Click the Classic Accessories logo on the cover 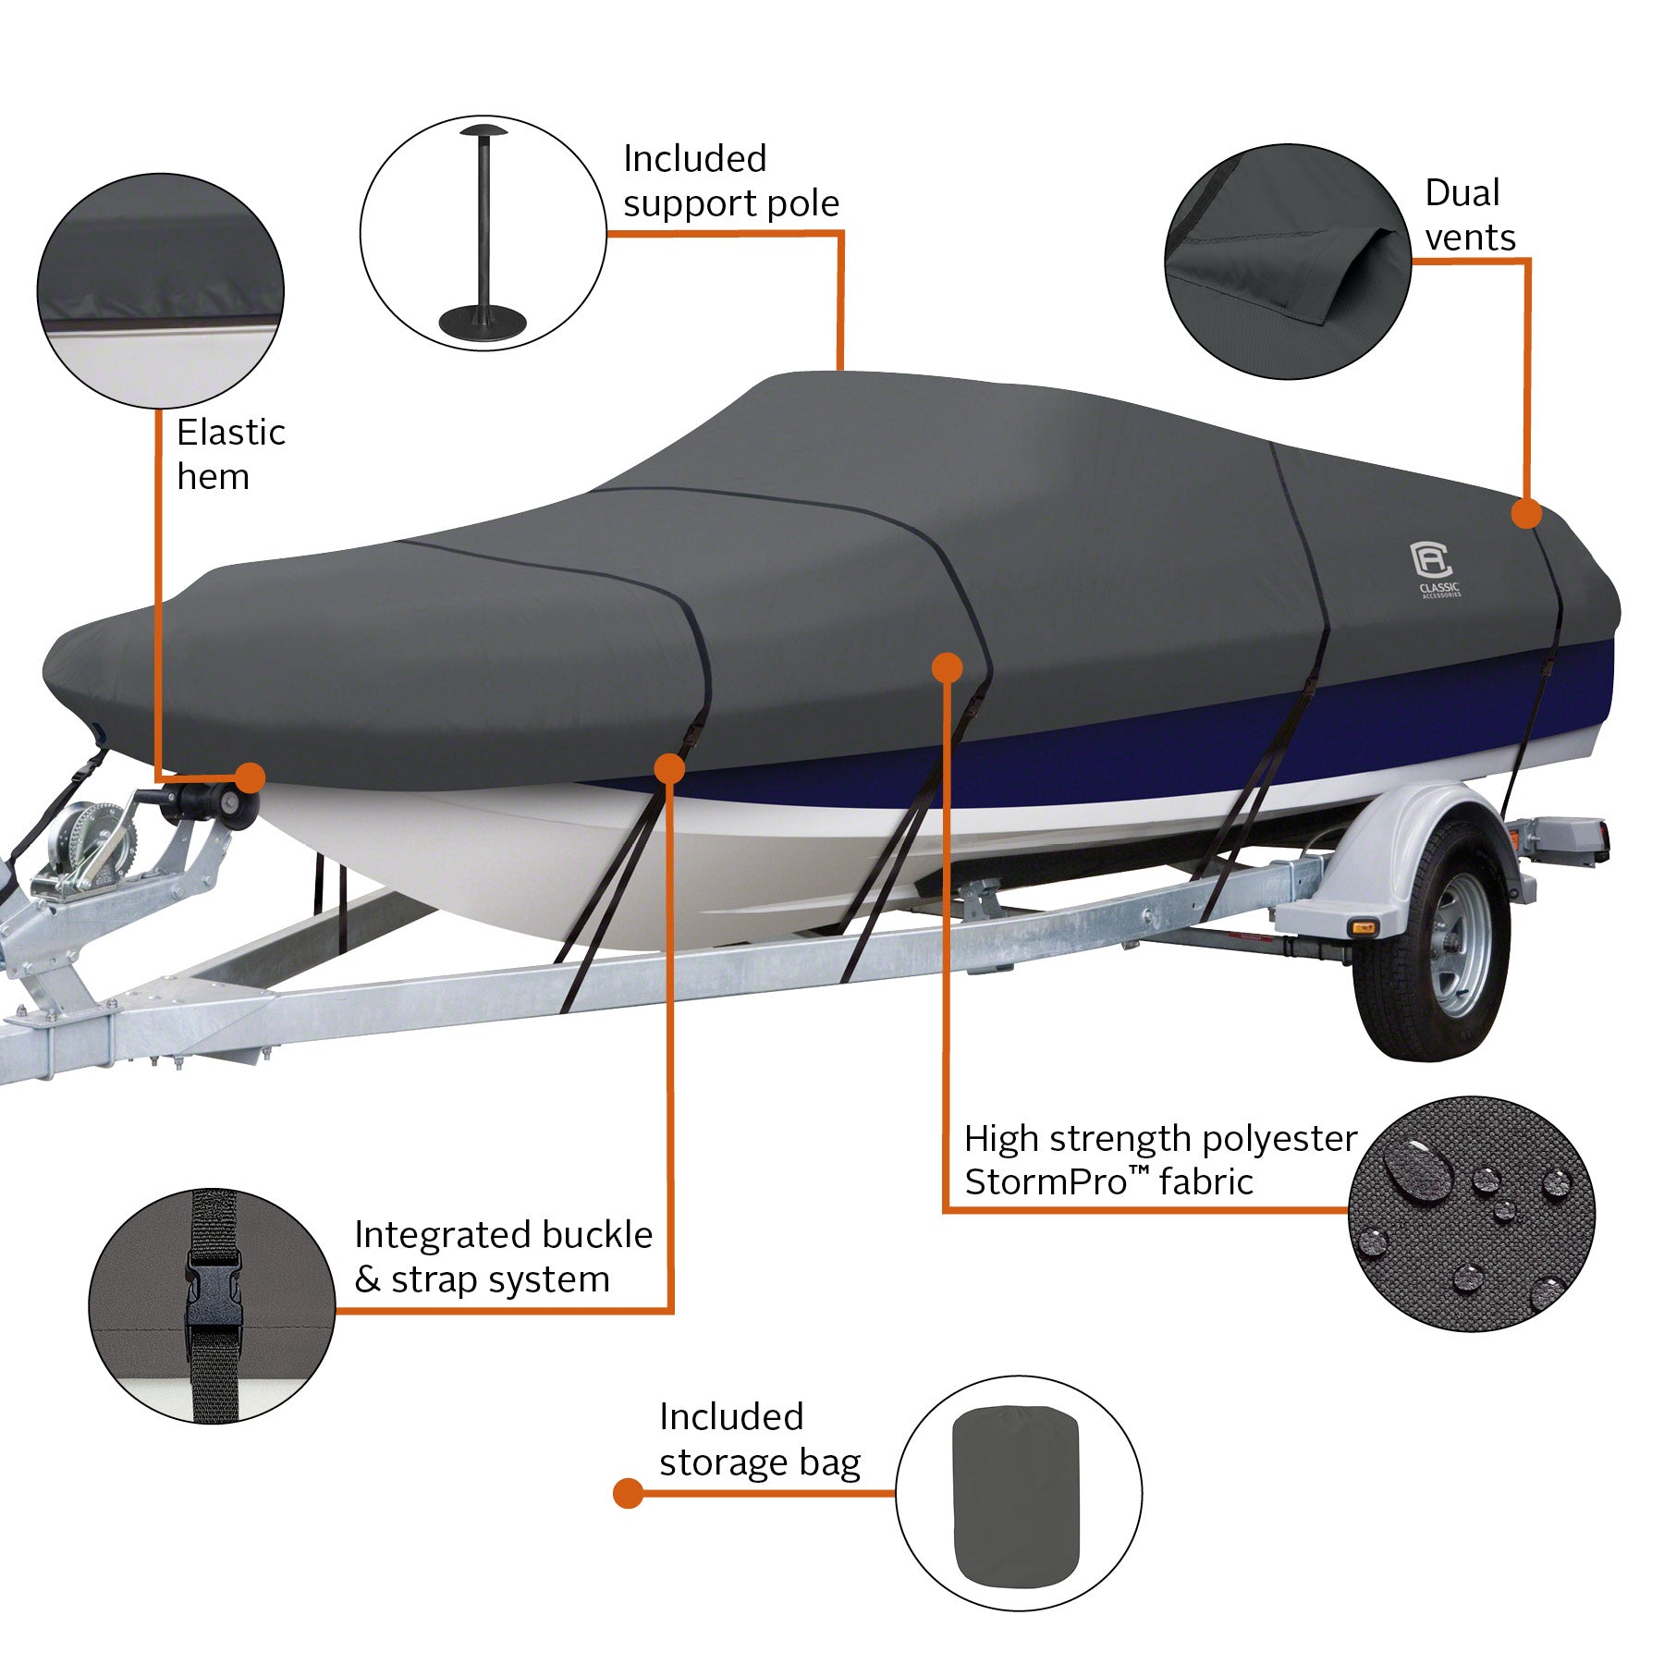[1435, 567]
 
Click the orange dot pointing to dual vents [1526, 513]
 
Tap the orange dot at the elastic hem [250, 777]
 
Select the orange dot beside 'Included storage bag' [628, 1493]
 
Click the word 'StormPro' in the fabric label [1045, 1182]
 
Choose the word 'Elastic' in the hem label [231, 433]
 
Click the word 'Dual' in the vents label [1462, 193]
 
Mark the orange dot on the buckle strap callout [668, 768]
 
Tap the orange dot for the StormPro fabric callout [947, 667]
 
